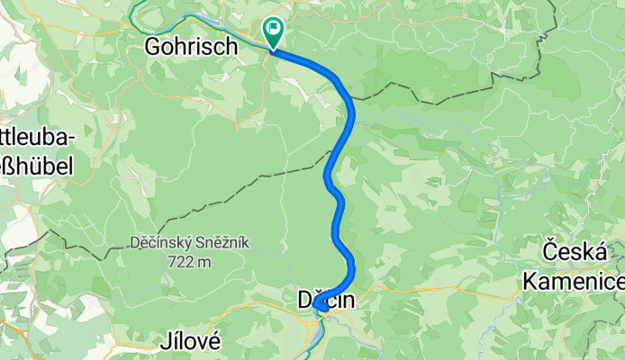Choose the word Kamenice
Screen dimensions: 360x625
pyautogui.click(x=573, y=281)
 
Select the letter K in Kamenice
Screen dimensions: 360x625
pyautogui.click(x=530, y=281)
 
